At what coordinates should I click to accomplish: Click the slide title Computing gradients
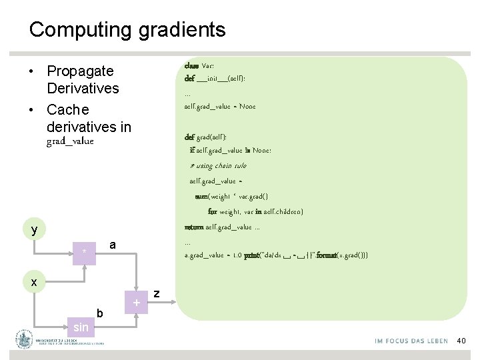[x=127, y=30]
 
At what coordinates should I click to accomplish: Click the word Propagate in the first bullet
[x=80, y=71]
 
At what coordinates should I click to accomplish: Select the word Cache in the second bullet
[x=67, y=109]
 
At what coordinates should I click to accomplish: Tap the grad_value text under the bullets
[x=70, y=141]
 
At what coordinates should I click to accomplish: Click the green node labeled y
[x=34, y=230]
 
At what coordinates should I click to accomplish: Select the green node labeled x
[x=34, y=281]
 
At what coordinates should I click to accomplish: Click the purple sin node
[x=81, y=327]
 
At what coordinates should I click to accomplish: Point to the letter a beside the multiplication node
[x=113, y=245]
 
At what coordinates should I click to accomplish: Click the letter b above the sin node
[x=99, y=313]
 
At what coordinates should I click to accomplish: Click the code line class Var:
[x=199, y=65]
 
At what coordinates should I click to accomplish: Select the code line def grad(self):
[x=210, y=137]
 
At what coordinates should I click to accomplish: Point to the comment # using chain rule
[x=218, y=165]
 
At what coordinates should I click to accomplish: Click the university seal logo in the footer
[x=25, y=339]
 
